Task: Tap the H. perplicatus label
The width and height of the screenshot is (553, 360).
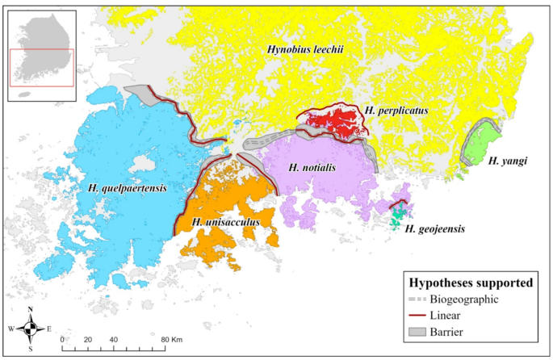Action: pos(395,108)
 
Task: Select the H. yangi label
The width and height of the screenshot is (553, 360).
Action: pos(508,161)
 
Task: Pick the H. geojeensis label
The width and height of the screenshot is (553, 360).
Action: pos(434,229)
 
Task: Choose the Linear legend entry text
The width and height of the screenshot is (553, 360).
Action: pos(452,314)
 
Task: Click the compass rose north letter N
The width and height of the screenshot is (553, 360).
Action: pos(30,310)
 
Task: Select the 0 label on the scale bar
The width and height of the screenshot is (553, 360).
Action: pos(63,339)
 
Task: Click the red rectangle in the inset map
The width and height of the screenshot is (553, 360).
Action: pos(41,65)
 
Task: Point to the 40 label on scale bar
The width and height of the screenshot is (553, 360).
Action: pos(113,339)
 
